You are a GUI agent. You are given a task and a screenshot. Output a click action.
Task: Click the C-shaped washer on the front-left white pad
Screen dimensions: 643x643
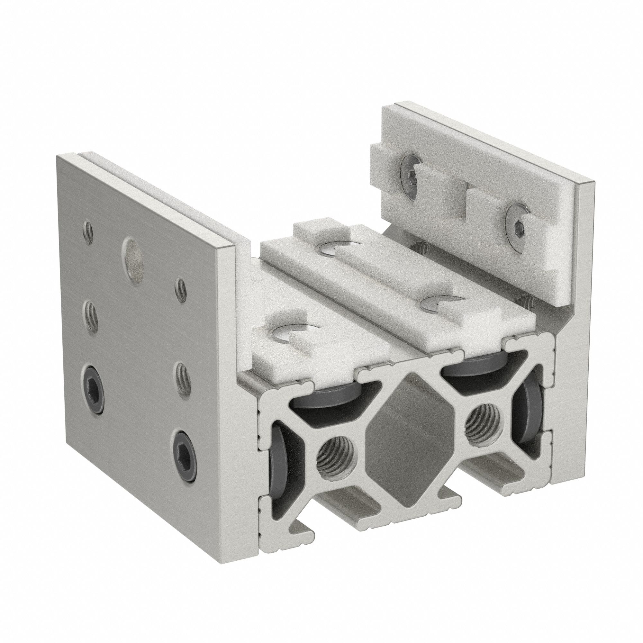coord(289,339)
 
